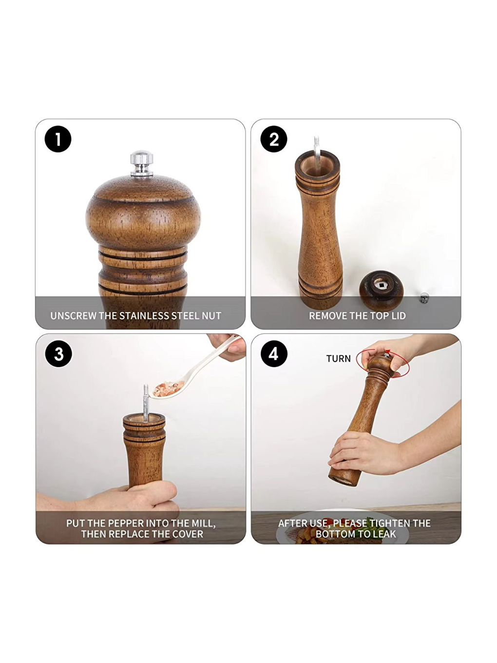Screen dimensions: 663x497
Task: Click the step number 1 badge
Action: [x=58, y=139]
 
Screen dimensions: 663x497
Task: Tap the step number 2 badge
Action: [x=274, y=139]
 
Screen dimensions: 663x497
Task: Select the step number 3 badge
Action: [x=58, y=354]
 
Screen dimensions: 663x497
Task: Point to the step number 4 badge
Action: [x=274, y=354]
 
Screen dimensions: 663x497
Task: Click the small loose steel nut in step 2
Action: [x=424, y=297]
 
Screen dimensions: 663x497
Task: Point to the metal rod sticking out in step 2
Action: [x=317, y=149]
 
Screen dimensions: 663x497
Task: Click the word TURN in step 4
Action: [x=338, y=359]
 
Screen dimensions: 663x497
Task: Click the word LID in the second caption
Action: [x=398, y=316]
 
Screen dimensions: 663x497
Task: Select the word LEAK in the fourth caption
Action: [x=384, y=534]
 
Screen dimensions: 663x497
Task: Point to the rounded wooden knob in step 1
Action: [x=143, y=214]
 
